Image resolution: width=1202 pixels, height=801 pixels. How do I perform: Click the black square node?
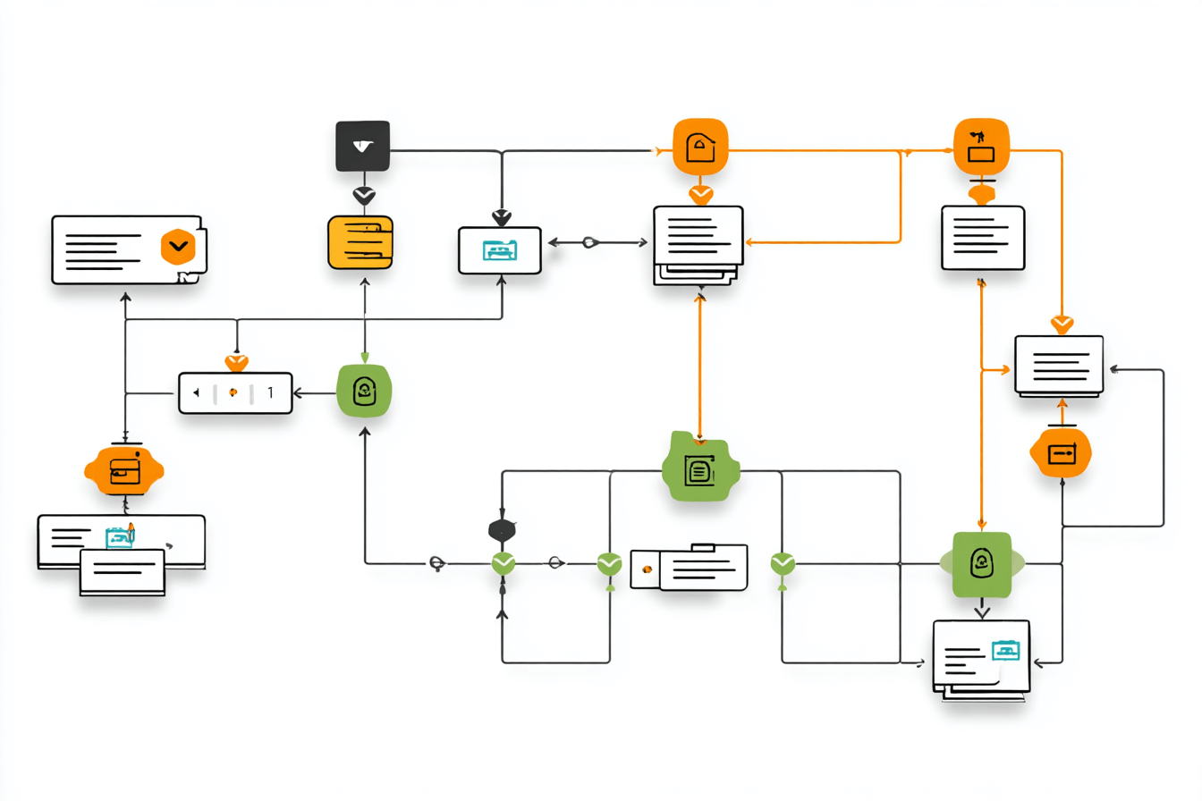tap(362, 146)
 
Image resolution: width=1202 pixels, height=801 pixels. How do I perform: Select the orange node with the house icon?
tap(699, 147)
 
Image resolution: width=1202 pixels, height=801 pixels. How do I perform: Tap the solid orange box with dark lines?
tap(360, 241)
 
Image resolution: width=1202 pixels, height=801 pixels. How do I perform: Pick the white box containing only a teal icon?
tap(499, 250)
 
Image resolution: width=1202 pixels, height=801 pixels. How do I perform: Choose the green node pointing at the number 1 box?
tap(364, 391)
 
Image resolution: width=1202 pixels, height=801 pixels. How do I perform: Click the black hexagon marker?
tap(502, 530)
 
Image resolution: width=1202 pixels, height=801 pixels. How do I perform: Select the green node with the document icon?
tap(699, 468)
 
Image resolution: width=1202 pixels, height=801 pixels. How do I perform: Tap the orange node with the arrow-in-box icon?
tap(1062, 452)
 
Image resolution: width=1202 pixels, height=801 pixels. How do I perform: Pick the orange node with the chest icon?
tap(124, 469)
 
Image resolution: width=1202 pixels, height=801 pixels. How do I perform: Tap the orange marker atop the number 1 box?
tap(236, 363)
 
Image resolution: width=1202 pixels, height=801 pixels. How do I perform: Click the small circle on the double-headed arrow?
tap(589, 241)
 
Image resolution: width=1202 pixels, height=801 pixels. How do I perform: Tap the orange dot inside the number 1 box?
tap(233, 392)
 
